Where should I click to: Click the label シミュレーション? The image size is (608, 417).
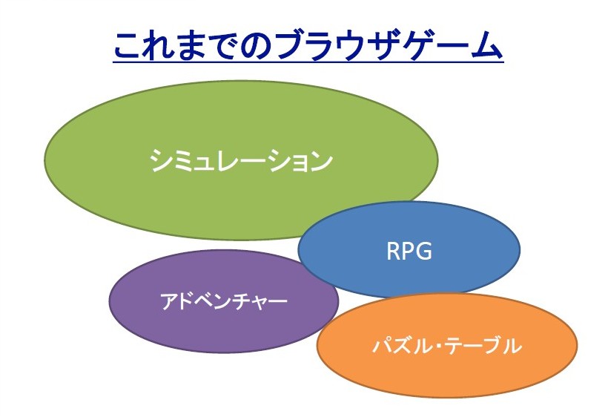[x=241, y=160]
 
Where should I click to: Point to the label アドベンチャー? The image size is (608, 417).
[x=224, y=301]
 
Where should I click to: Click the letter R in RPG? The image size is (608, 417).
[x=394, y=251]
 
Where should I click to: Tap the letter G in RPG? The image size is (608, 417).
[x=424, y=251]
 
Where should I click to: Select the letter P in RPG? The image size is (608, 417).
[x=409, y=251]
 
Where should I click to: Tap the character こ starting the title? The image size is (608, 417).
[x=128, y=45]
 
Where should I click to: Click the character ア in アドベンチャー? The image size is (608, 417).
[x=169, y=301]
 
